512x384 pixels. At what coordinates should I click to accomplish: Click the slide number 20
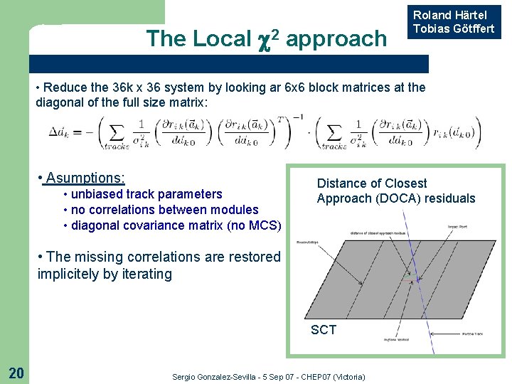tap(16, 372)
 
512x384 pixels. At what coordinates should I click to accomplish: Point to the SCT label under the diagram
tap(323, 329)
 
